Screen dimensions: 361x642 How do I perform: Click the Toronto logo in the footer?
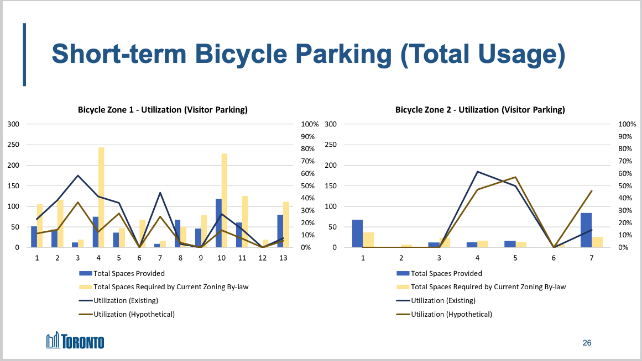click(75, 341)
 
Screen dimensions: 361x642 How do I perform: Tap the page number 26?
click(587, 343)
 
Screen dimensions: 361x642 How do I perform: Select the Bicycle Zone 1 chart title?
click(162, 110)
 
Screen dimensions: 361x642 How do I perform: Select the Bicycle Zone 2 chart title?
click(480, 110)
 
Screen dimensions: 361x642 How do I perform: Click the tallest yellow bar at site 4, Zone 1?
click(101, 197)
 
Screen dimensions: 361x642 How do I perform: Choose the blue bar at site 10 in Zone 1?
click(218, 223)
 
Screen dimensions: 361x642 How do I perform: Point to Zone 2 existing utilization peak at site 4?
click(477, 172)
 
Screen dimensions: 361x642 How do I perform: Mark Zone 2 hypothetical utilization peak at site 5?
click(515, 177)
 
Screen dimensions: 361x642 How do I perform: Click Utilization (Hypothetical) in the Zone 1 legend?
click(134, 314)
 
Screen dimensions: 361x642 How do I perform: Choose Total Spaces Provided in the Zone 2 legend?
click(446, 273)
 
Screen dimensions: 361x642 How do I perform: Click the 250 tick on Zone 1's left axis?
click(13, 145)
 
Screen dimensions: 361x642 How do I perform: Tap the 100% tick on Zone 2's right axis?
click(627, 124)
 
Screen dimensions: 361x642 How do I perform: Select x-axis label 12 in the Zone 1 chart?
click(262, 258)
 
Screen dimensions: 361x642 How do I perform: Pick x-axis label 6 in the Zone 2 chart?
click(554, 258)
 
